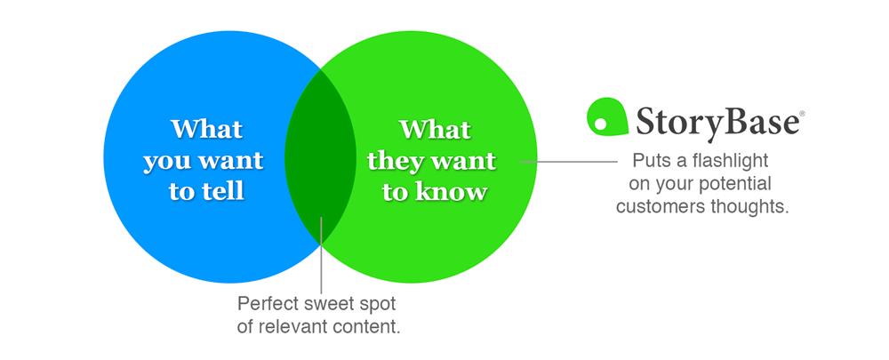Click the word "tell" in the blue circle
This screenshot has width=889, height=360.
[221, 191]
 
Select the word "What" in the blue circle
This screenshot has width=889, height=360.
[207, 129]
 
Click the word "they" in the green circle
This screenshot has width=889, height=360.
[393, 160]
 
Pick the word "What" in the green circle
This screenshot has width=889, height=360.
[435, 129]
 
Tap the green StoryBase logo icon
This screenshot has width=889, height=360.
[606, 116]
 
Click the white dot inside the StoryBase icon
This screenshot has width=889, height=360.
[601, 123]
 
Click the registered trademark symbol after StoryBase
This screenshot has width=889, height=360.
[802, 114]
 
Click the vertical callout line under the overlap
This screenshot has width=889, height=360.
[321, 254]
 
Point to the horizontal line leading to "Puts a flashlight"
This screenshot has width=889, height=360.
[569, 162]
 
